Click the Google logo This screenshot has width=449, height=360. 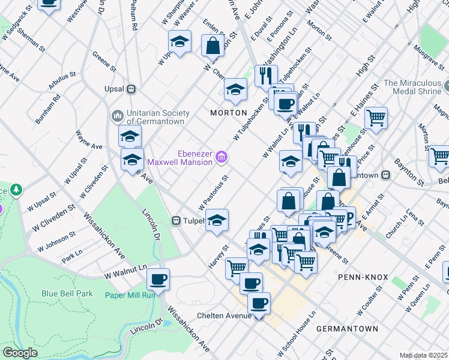point(20,353)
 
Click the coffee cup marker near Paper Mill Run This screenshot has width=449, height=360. point(158,279)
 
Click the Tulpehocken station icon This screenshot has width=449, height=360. point(176,220)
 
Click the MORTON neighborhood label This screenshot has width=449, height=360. point(229,113)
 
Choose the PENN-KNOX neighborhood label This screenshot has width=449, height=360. point(363,278)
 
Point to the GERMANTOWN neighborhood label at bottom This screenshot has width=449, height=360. point(347,329)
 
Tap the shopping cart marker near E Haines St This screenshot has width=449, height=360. point(376,118)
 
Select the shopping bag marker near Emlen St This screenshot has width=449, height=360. point(213,45)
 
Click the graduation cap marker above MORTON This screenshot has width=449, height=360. point(235,90)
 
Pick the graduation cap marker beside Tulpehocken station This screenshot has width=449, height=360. point(217,220)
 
